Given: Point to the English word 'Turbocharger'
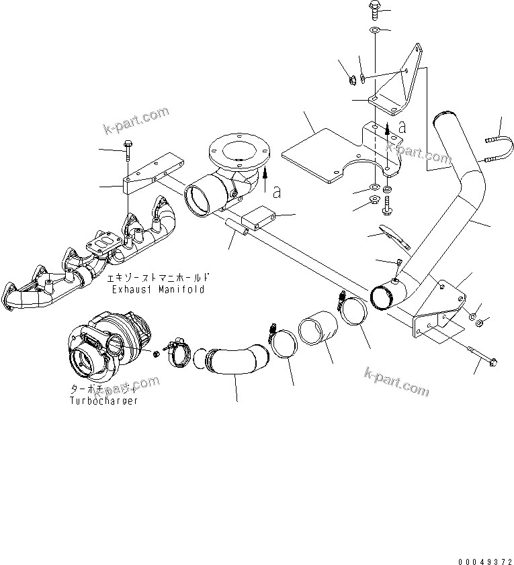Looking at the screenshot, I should click(103, 401).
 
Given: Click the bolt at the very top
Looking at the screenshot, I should click(374, 9).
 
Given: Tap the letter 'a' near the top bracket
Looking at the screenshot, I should click(402, 126).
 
